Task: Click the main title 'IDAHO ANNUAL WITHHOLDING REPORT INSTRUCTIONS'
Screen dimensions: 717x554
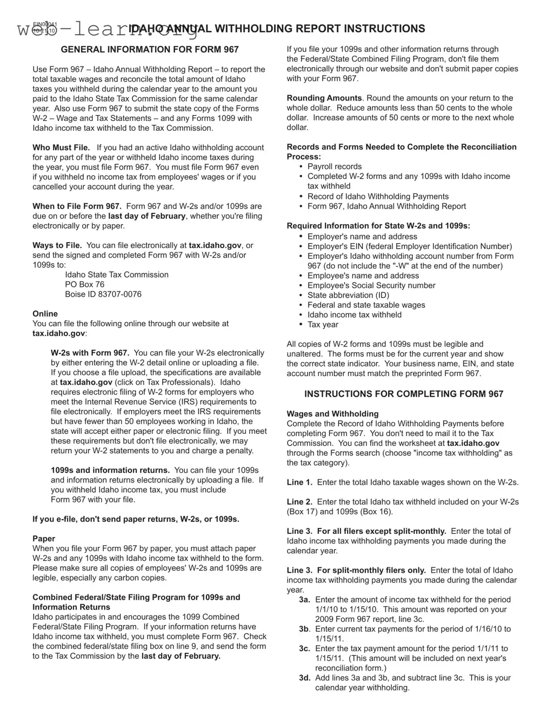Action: [277, 29]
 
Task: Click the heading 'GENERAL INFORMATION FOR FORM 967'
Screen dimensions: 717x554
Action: [150, 50]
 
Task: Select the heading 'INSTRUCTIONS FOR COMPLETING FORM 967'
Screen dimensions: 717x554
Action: [403, 394]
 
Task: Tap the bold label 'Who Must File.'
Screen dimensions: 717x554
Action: [61, 148]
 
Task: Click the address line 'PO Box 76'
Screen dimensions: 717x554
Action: [85, 285]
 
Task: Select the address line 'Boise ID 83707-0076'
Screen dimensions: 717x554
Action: [103, 294]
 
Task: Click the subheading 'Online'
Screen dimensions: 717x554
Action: [45, 314]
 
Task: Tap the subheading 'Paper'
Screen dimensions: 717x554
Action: [44, 539]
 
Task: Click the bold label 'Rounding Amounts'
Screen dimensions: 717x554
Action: [324, 98]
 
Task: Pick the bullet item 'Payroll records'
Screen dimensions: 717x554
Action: [335, 167]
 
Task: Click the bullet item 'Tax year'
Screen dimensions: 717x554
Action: [323, 325]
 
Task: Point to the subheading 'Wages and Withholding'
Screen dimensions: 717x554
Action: [332, 414]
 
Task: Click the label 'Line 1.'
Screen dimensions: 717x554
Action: [299, 483]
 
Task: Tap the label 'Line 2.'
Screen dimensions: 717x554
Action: [299, 502]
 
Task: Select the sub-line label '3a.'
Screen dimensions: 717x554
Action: [305, 600]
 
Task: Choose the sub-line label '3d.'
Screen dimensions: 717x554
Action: [305, 678]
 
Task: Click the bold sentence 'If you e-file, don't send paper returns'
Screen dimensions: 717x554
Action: [136, 519]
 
